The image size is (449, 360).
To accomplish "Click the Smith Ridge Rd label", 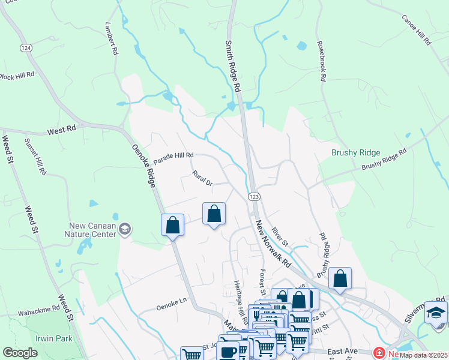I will (233, 65).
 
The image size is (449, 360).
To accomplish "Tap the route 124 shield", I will (26, 47).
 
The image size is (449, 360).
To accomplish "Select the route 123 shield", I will (253, 196).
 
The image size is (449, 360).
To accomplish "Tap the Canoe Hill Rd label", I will (417, 31).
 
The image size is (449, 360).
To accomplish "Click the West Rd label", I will (62, 130).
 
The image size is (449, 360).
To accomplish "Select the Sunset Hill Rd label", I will (35, 157).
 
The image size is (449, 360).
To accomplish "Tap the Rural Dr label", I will (202, 178).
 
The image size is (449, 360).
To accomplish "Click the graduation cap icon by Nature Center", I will (125, 229).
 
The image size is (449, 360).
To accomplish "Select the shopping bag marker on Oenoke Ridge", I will (172, 226).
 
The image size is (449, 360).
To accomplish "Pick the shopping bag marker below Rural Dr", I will (214, 214).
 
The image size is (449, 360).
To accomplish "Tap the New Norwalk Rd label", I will (273, 244).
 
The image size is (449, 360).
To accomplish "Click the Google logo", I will (20, 353).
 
